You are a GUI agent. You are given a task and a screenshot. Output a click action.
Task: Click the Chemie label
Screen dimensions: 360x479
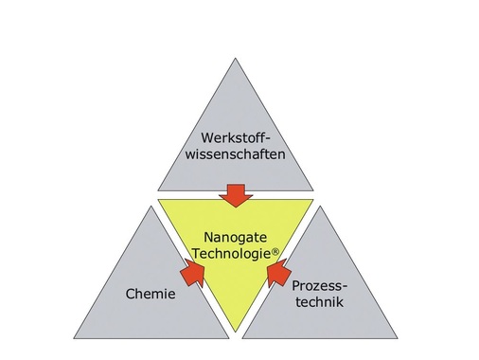(151, 296)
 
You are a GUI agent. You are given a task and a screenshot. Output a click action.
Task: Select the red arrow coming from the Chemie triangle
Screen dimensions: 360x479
(192, 273)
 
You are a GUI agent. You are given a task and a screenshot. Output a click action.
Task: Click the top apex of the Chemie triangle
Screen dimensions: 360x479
(153, 206)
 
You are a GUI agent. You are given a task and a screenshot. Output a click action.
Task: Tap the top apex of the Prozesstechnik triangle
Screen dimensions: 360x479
(319, 206)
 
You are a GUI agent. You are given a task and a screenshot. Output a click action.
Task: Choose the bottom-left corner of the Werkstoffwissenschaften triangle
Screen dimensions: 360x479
(157, 190)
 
